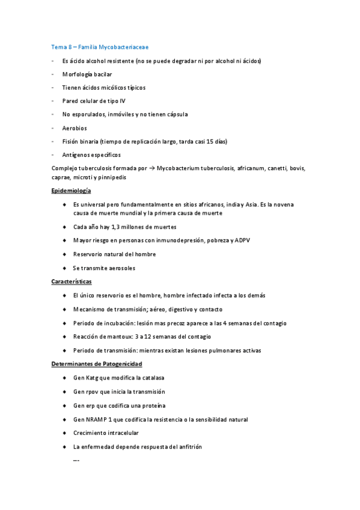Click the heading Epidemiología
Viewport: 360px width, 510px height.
pyautogui.click(x=72, y=191)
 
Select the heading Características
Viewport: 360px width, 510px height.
pyautogui.click(x=72, y=281)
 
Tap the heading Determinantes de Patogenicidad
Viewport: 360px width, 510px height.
pyautogui.click(x=96, y=364)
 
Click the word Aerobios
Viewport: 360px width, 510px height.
pyautogui.click(x=75, y=127)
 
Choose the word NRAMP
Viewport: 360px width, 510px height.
pyautogui.click(x=97, y=419)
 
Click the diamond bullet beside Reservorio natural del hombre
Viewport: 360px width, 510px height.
pyautogui.click(x=64, y=254)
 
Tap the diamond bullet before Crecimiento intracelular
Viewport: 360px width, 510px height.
pyautogui.click(x=64, y=433)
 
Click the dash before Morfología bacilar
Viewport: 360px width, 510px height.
pyautogui.click(x=53, y=74)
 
